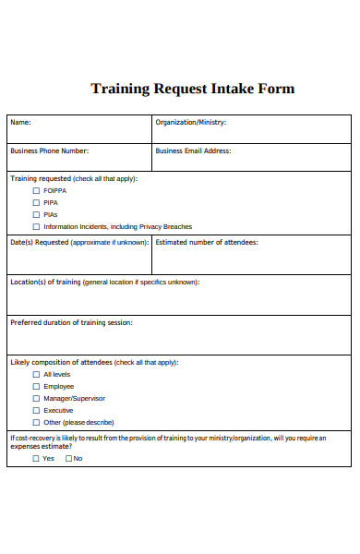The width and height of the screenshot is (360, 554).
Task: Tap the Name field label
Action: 20,122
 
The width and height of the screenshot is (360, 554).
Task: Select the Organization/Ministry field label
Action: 191,122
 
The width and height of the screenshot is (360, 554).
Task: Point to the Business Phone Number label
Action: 50,151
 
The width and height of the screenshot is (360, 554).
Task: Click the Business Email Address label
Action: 193,151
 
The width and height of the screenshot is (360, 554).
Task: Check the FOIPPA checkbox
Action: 37,190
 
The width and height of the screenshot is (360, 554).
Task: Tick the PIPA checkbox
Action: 37,202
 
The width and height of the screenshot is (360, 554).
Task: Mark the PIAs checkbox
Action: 37,214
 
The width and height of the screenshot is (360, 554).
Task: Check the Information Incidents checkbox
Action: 37,226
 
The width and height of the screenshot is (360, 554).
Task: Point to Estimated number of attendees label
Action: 207,242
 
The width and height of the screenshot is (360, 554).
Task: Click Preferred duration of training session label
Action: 71,322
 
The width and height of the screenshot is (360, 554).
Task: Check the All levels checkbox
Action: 37,375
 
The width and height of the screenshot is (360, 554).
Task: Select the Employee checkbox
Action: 37,387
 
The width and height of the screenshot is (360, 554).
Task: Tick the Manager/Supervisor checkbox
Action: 37,399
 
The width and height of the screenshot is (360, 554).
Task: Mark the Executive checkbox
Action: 37,411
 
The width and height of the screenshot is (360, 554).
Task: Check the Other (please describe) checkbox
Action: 37,423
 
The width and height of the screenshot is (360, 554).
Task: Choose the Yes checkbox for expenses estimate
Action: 36,458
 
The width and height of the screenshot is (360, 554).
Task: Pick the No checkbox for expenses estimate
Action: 68,458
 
